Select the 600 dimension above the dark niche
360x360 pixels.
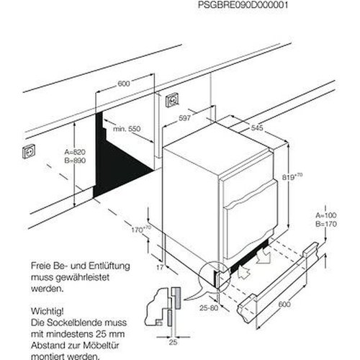pos(124,84)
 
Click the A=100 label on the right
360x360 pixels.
pos(328,216)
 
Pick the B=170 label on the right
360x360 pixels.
pos(328,225)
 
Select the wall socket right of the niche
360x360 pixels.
pos(173,99)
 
